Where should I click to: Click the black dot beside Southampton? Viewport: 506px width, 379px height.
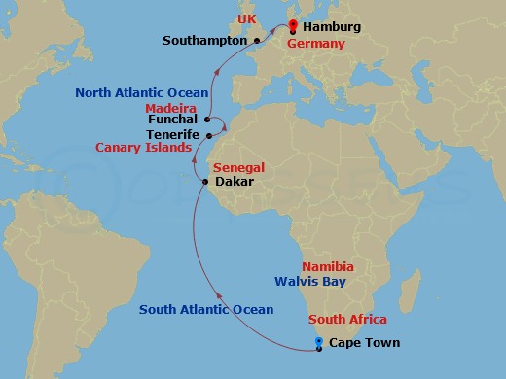click(x=256, y=41)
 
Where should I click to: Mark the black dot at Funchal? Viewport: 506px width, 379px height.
click(x=207, y=121)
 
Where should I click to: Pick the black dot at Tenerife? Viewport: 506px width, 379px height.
click(x=208, y=135)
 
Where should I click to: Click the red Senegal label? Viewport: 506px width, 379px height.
click(x=239, y=168)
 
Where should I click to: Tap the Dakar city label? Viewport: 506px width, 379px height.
click(x=235, y=182)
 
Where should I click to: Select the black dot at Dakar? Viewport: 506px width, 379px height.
click(x=204, y=182)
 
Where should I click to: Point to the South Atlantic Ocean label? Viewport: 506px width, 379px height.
click(x=205, y=309)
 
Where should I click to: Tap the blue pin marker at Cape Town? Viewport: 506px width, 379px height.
click(x=319, y=341)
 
